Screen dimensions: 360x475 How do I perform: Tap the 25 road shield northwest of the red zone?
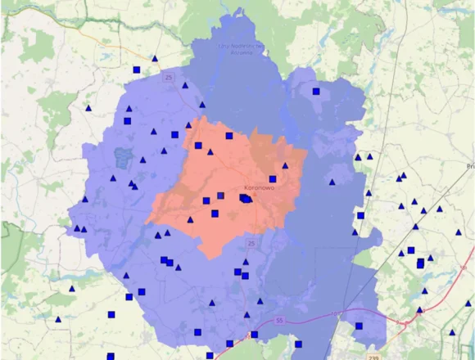[x=170, y=77]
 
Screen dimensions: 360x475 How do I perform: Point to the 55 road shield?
[x=281, y=321]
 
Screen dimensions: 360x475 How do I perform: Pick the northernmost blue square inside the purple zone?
[x=316, y=92]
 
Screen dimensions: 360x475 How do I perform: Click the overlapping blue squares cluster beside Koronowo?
[x=246, y=198]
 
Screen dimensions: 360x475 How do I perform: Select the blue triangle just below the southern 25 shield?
[x=246, y=262]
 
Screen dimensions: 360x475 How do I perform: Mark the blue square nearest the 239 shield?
[x=359, y=326]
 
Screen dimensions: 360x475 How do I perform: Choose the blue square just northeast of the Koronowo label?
[x=273, y=178]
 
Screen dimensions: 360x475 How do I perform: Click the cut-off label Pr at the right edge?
[x=470, y=165]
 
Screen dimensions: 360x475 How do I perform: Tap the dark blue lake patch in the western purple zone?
[x=124, y=155]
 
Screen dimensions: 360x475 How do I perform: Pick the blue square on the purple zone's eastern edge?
[x=360, y=215]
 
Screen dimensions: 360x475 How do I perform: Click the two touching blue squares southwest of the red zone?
[x=166, y=262]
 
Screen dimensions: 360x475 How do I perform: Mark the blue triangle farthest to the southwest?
[x=57, y=320]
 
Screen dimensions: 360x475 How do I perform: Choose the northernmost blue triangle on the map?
[x=155, y=58]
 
